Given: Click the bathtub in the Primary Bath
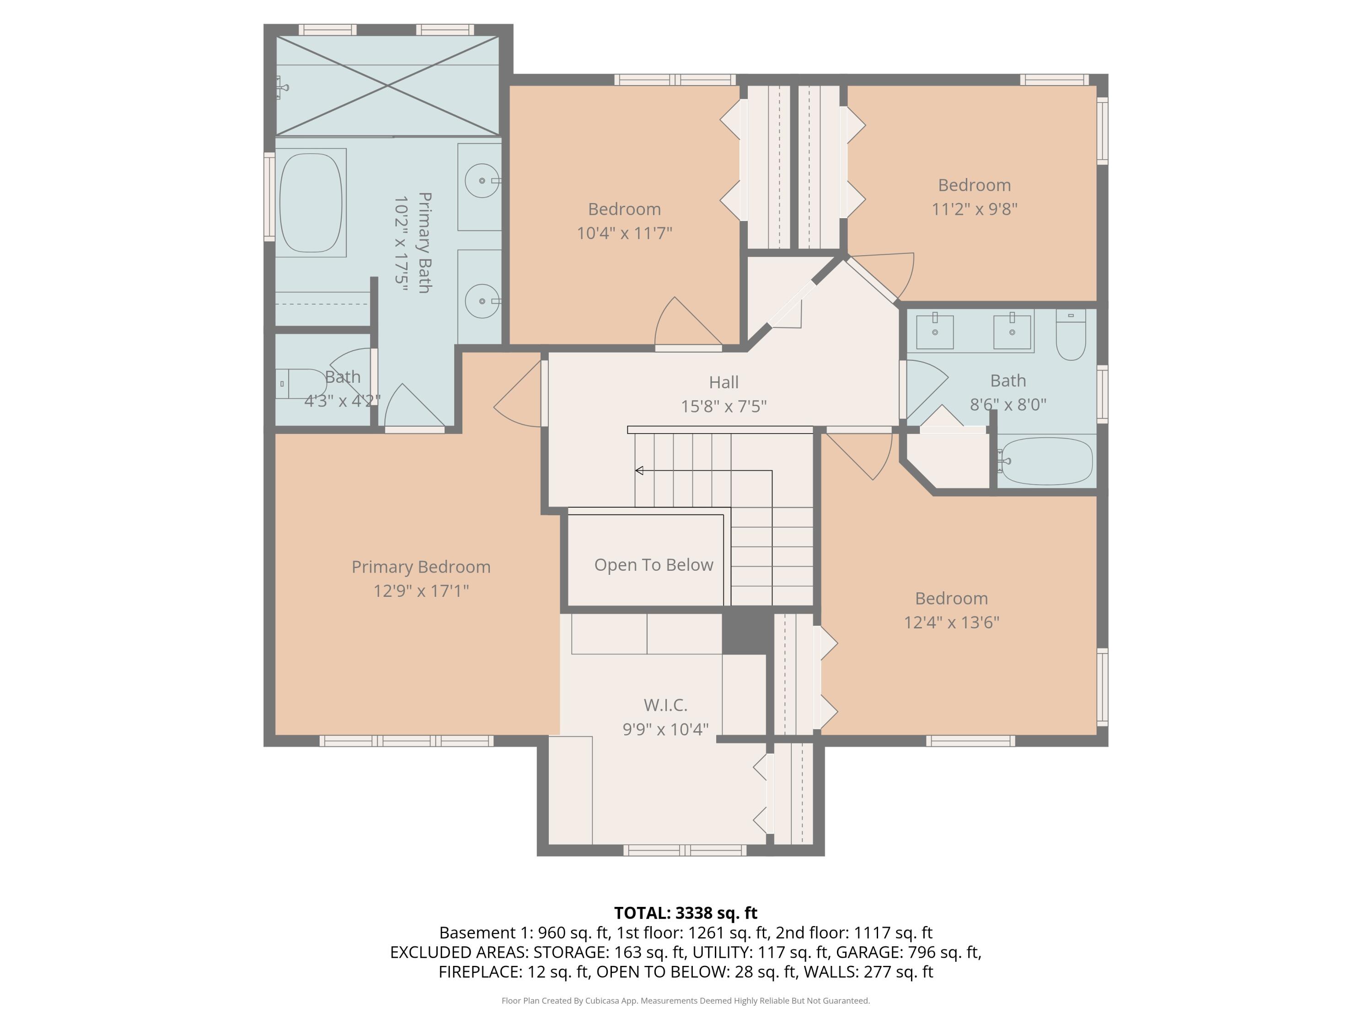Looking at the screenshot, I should coord(310,202).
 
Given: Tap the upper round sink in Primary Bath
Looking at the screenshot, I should coord(482,181).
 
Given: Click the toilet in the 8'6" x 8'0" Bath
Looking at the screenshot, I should coord(1071,338).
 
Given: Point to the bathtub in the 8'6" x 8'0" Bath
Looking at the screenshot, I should coord(1047,461).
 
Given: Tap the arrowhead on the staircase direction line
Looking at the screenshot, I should coord(639,471).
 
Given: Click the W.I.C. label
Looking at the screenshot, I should coord(665,705).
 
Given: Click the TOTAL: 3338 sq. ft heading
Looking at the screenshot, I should coord(686,913).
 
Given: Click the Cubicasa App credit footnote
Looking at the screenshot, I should coord(686,1001).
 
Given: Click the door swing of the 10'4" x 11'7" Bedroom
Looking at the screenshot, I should coord(682,322).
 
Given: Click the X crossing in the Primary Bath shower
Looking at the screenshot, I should coord(388,86).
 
